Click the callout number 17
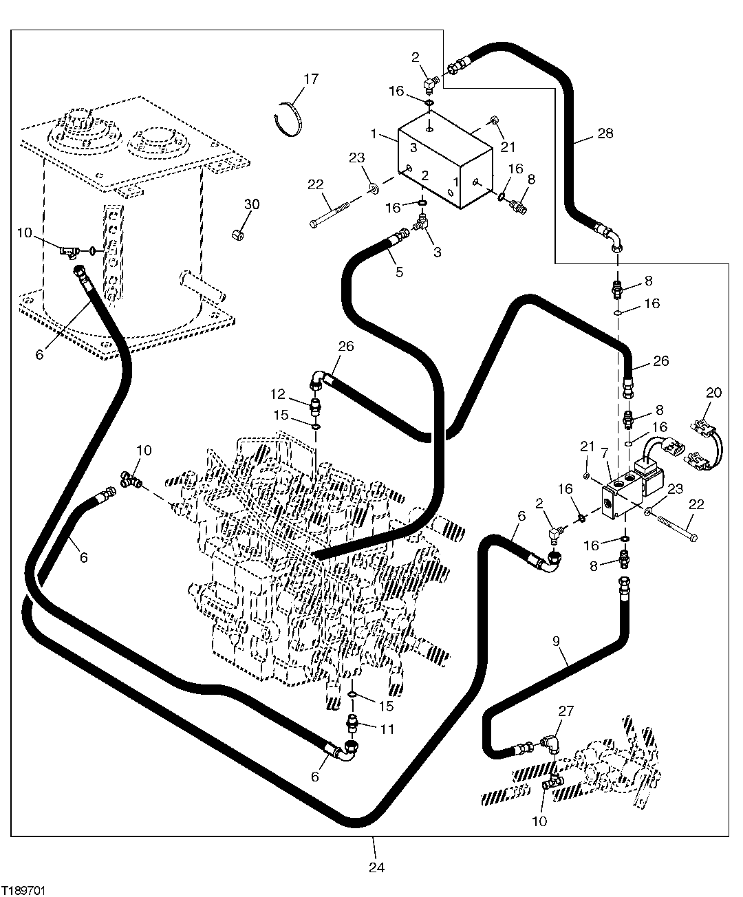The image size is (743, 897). [x=310, y=79]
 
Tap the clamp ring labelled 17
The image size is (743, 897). [x=292, y=119]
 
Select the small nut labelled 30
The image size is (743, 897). [x=236, y=234]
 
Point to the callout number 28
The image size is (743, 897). [x=605, y=133]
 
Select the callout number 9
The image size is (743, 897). [x=557, y=642]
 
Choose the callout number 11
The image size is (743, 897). [x=387, y=729]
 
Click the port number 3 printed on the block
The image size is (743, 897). [x=413, y=147]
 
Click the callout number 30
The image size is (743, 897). [x=252, y=204]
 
